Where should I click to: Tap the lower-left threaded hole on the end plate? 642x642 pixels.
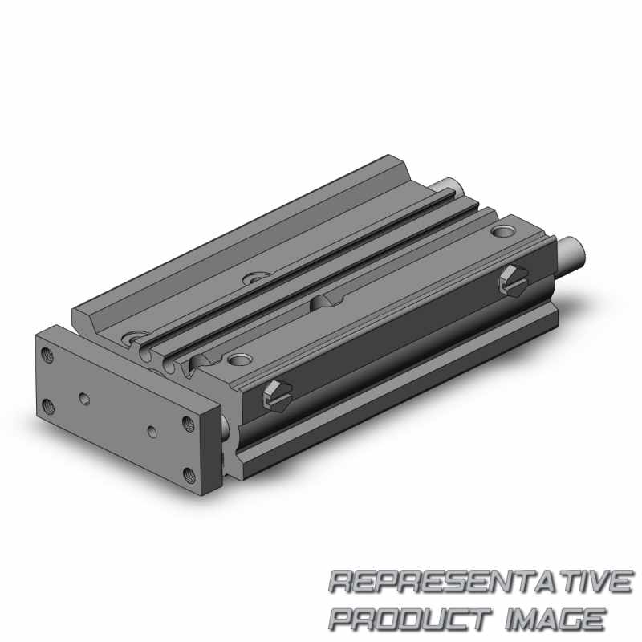tap(50, 404)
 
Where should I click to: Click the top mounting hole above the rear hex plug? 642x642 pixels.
tap(505, 233)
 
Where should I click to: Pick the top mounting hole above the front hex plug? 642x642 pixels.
tap(238, 356)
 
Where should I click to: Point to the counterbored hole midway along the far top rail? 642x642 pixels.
tap(257, 278)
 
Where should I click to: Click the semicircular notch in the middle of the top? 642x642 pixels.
tap(327, 301)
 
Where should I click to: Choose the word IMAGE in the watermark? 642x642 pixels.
tap(554, 618)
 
